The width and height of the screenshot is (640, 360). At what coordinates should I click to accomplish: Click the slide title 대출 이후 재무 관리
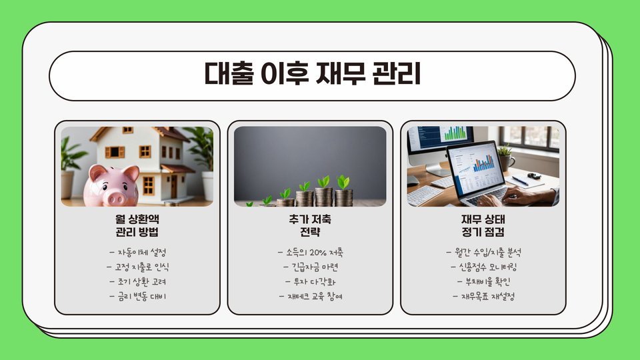click(x=312, y=73)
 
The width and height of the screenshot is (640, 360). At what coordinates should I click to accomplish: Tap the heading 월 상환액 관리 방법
click(x=137, y=225)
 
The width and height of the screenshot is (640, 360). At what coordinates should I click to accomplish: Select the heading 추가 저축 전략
click(x=310, y=225)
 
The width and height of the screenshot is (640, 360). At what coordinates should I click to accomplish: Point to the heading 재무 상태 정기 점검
click(x=483, y=225)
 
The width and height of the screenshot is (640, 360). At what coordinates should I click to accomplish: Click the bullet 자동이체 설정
click(x=138, y=252)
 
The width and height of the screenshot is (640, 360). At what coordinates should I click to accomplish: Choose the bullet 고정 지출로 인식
click(x=138, y=267)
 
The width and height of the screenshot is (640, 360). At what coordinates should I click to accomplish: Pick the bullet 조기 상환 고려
click(x=138, y=281)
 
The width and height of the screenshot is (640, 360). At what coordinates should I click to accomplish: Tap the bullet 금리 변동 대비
click(x=138, y=296)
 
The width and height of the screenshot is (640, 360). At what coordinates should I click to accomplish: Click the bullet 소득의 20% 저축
click(x=311, y=252)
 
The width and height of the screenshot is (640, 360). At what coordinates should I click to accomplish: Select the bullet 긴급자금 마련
click(x=311, y=267)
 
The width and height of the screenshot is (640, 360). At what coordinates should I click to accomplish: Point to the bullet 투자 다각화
click(x=311, y=281)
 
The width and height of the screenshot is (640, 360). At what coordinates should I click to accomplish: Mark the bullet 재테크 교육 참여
click(x=311, y=296)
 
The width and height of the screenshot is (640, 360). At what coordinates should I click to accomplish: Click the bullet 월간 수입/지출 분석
click(x=484, y=252)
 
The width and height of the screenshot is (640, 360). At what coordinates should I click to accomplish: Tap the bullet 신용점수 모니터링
click(x=484, y=267)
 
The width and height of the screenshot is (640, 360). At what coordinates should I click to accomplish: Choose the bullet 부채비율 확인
click(x=484, y=281)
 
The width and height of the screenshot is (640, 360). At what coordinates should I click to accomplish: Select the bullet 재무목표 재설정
click(x=484, y=296)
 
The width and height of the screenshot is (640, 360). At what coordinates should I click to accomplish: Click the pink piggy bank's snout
click(x=115, y=198)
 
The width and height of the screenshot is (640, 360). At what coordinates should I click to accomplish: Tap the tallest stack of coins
click(x=324, y=197)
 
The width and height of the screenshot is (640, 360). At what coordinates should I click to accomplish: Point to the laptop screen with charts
click(x=475, y=167)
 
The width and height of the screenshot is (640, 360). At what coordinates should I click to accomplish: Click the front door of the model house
click(x=174, y=187)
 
